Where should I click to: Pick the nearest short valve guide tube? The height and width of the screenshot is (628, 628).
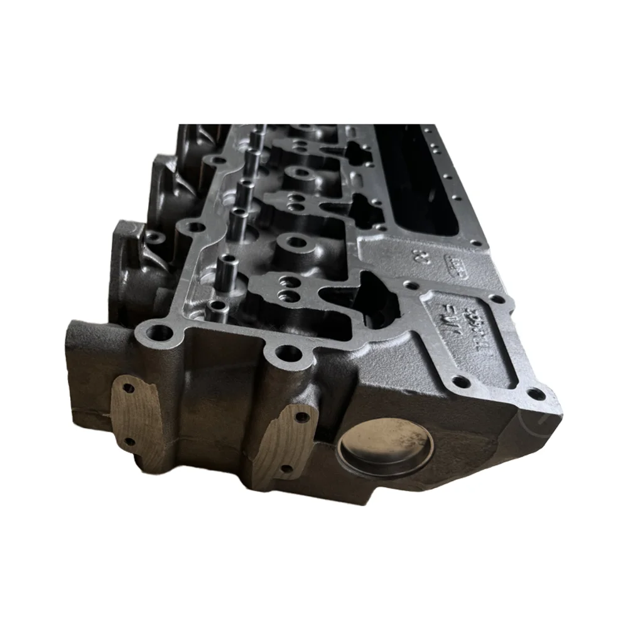coord(217,308)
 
